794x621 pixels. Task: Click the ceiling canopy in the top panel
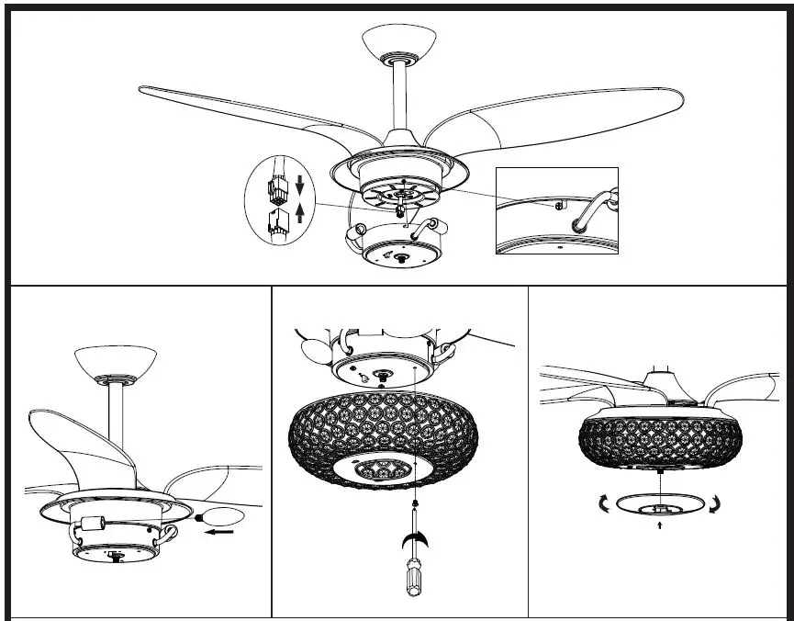click(x=397, y=41)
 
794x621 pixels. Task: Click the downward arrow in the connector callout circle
click(x=297, y=190)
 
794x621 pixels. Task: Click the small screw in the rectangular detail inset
click(x=559, y=207)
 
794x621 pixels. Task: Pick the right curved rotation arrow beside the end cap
click(x=716, y=502)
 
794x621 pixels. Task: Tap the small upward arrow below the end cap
click(x=659, y=527)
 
